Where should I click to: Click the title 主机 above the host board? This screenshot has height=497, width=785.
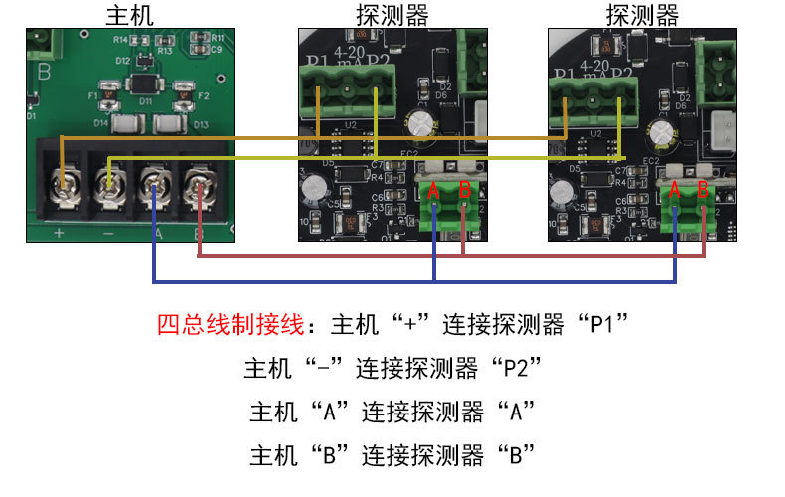click(129, 14)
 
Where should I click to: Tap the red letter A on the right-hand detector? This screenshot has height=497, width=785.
click(676, 189)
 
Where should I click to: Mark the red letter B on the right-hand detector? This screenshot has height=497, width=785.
click(704, 189)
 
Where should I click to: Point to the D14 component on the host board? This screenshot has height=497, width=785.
click(126, 124)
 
